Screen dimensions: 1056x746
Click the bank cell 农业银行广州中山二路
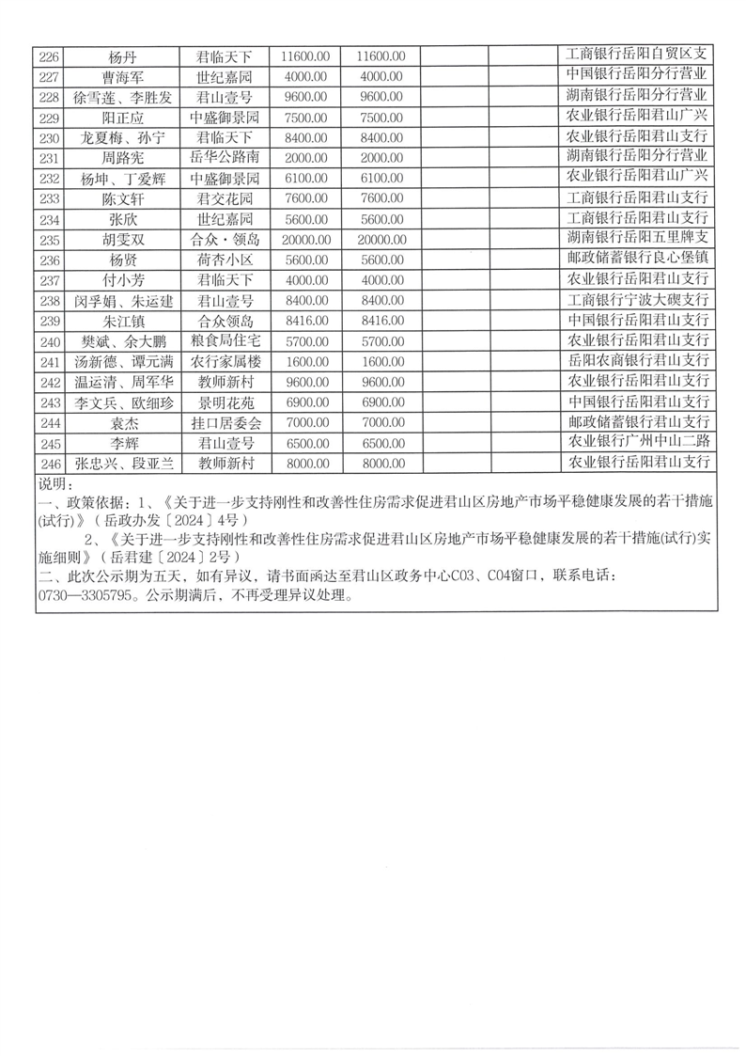(x=637, y=443)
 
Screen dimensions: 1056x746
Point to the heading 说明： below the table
(x=55, y=483)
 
